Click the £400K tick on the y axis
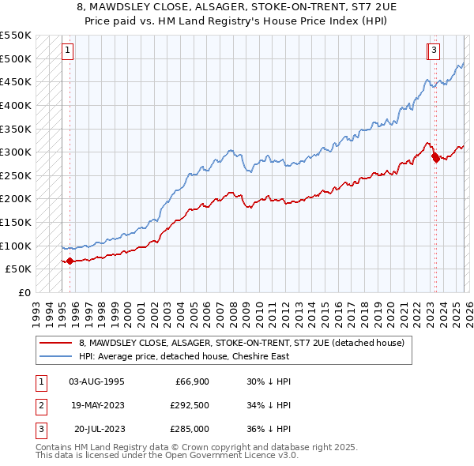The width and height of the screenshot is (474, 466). [16, 105]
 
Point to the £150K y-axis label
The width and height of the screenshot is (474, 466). [16, 222]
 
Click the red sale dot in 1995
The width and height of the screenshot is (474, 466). [70, 261]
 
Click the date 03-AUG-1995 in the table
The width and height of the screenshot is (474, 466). [96, 381]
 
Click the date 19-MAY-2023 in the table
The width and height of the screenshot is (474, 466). [96, 405]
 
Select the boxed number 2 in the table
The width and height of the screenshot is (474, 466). [40, 405]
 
